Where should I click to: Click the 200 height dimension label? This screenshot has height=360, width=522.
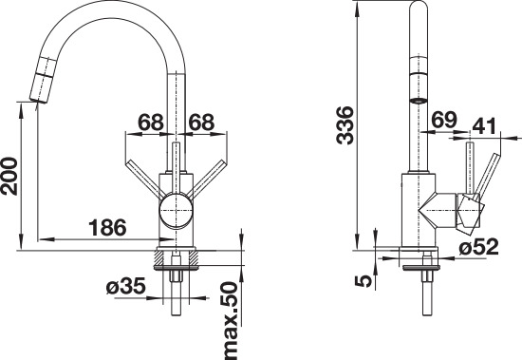pos(9,176)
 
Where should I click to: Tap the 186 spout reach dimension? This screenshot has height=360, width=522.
pos(107,228)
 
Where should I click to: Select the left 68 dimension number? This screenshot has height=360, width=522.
pos(151,123)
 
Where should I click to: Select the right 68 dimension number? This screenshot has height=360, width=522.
pos(201,123)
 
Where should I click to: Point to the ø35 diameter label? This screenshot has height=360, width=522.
pos(126,286)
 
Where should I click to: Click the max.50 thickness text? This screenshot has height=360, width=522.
pos(231,321)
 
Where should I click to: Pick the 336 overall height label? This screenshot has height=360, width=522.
pos(345,125)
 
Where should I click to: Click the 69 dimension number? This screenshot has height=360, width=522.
pos(444,120)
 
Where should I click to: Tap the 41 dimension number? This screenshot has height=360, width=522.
pos(484,125)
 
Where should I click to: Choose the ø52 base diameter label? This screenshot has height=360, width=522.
pos(478,247)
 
